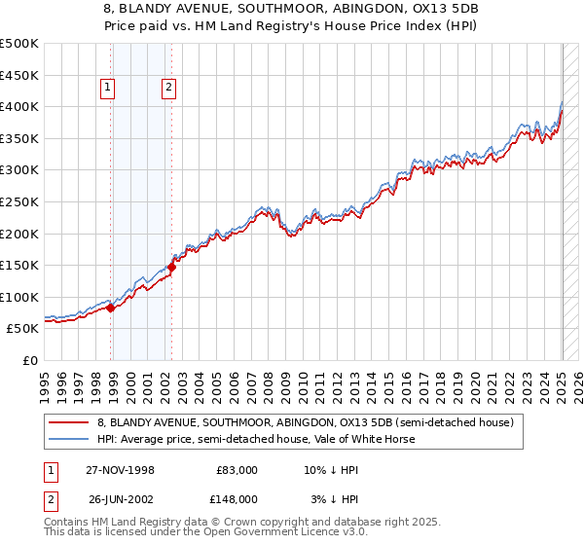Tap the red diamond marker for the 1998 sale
pyautogui.click(x=111, y=308)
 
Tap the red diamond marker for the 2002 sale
pyautogui.click(x=172, y=266)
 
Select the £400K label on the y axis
pyautogui.click(x=20, y=107)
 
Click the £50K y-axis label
pyautogui.click(x=24, y=329)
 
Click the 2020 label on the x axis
pyautogui.click(x=475, y=381)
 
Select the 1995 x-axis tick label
pyautogui.click(x=45, y=381)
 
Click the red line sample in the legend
pyautogui.click(x=70, y=422)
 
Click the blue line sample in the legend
pyautogui.click(x=70, y=439)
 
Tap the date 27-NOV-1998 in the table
pyautogui.click(x=122, y=470)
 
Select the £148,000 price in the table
pyautogui.click(x=237, y=499)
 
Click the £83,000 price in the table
pyautogui.click(x=237, y=470)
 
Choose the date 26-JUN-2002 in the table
pyautogui.click(x=122, y=499)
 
